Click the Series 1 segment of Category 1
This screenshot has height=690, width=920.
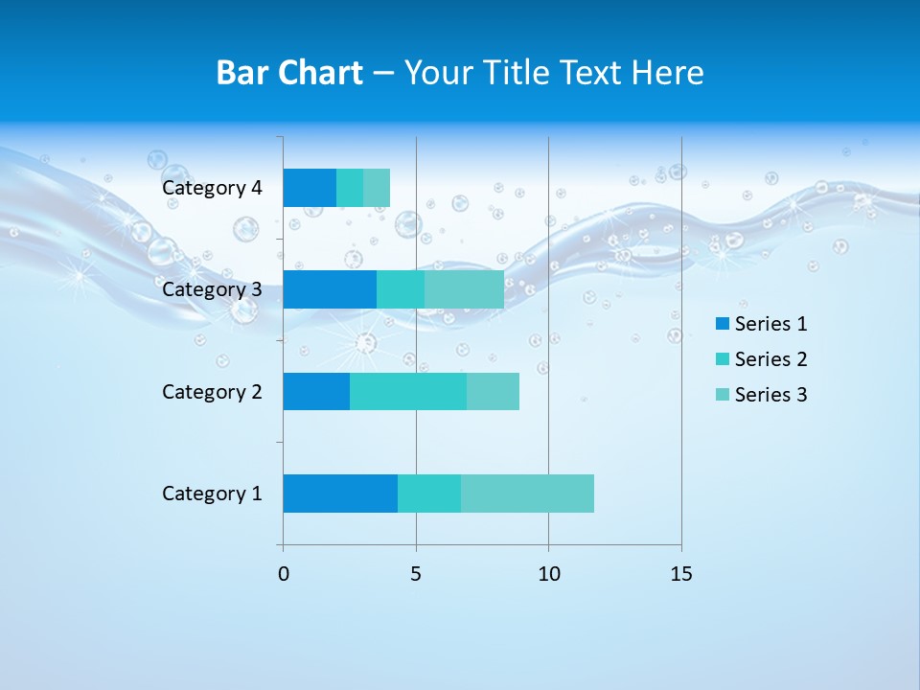coord(340,494)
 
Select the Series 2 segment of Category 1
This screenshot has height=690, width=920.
coord(429,494)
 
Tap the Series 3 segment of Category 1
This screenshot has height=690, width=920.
coord(527,494)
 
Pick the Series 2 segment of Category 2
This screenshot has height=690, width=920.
coord(408,391)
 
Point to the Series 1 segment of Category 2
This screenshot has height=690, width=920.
coord(316,391)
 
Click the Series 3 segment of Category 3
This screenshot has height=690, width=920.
coord(464,289)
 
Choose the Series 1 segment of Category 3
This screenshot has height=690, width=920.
coord(330,289)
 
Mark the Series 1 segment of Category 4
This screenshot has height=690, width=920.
coord(310,188)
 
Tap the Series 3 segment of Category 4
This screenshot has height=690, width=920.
coord(377,188)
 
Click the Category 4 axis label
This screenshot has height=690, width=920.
coord(212,188)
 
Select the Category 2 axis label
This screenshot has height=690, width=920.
coord(212,391)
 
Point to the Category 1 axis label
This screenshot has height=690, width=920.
coord(212,494)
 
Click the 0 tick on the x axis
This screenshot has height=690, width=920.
coord(284,574)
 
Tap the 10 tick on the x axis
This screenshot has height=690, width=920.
coord(548,574)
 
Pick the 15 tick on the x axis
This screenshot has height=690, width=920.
coord(680,574)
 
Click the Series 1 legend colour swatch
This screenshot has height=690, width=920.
coord(722,324)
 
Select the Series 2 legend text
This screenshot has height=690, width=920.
coord(770,359)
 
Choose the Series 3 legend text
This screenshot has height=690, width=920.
coord(770,395)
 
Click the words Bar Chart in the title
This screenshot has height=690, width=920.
coord(289,73)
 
